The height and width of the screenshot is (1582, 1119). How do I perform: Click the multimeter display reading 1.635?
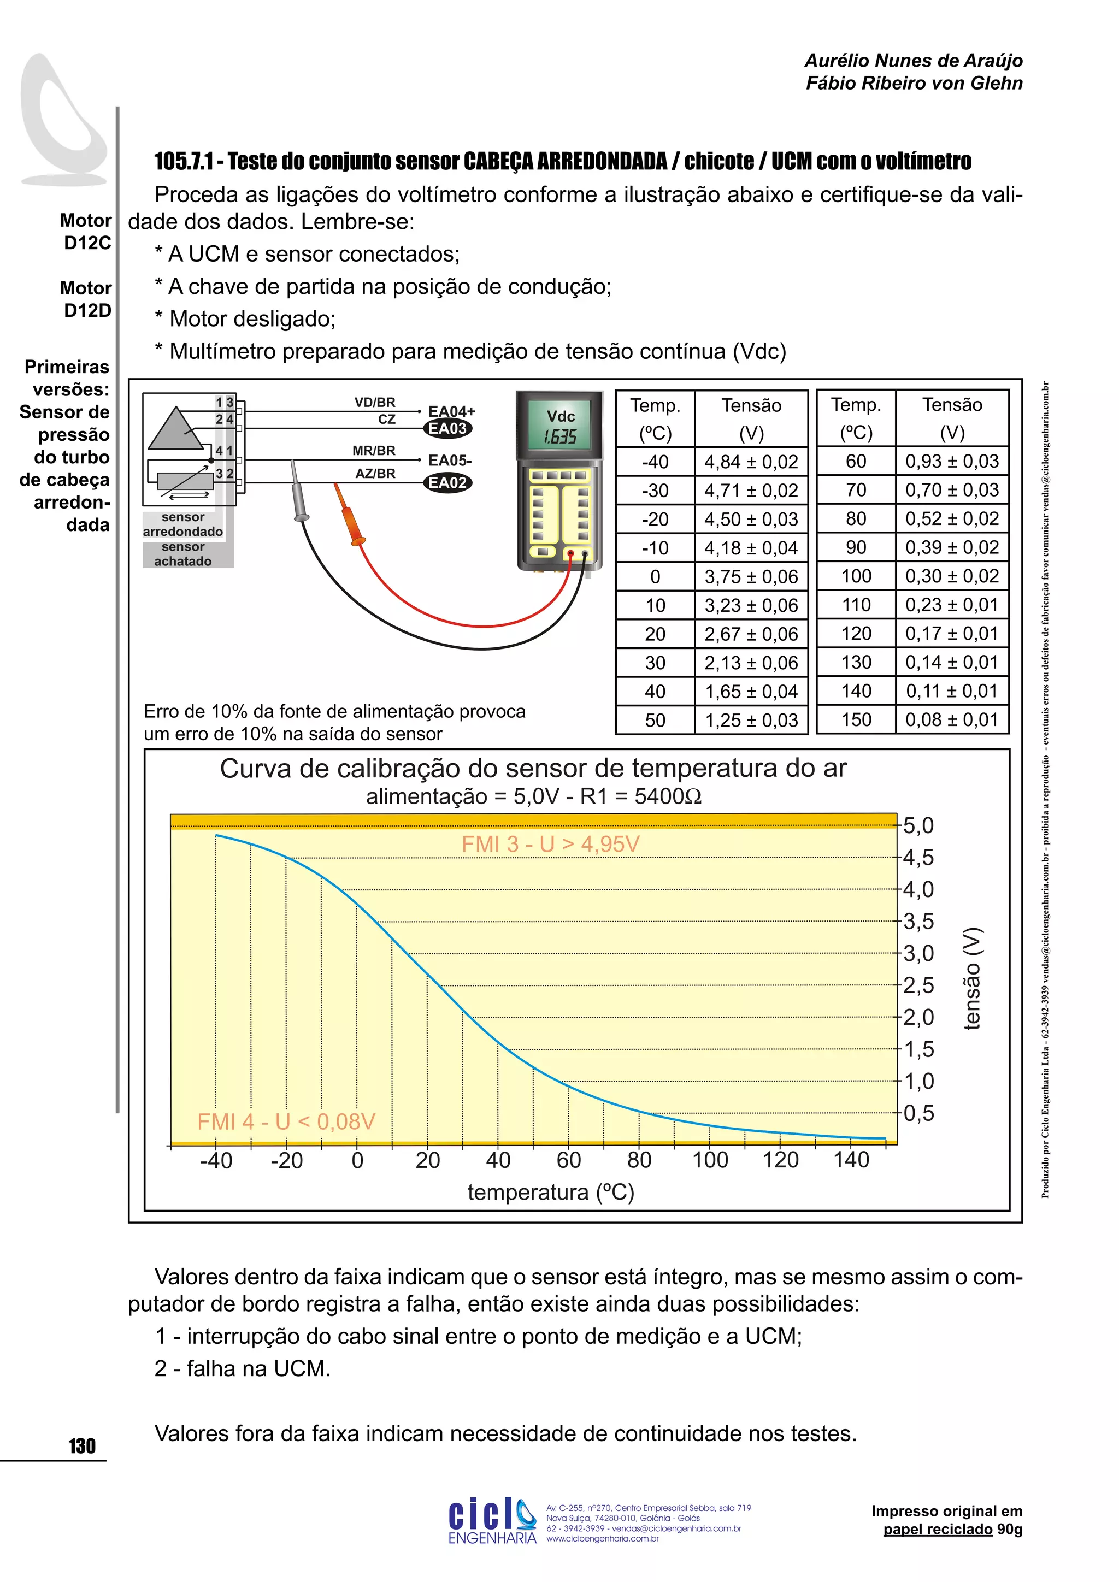pyautogui.click(x=559, y=437)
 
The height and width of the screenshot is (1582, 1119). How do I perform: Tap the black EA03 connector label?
pyautogui.click(x=447, y=429)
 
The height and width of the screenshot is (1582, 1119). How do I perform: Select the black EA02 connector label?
pyautogui.click(x=447, y=483)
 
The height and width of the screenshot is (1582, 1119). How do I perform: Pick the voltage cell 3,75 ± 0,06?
pyautogui.click(x=750, y=577)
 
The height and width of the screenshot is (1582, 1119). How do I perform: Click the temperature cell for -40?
pyautogui.click(x=655, y=462)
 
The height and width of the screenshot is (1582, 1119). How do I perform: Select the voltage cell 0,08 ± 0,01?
pyautogui.click(x=952, y=719)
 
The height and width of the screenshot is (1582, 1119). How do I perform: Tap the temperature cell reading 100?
pyautogui.click(x=856, y=576)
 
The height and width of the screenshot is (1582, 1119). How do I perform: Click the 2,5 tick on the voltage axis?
pyautogui.click(x=918, y=985)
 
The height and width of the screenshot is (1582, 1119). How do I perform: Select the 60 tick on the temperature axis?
pyautogui.click(x=568, y=1160)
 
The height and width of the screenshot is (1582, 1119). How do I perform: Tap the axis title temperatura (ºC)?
pyautogui.click(x=551, y=1192)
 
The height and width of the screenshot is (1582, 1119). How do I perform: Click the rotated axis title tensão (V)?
pyautogui.click(x=971, y=979)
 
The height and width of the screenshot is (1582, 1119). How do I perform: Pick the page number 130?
pyautogui.click(x=82, y=1445)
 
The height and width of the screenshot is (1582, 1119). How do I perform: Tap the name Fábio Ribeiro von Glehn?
pyautogui.click(x=914, y=84)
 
